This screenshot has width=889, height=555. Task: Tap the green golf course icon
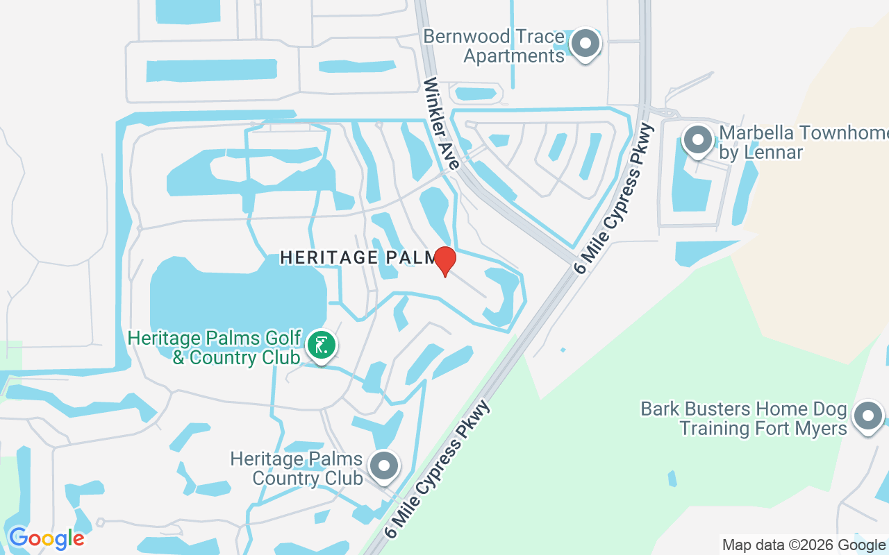321,345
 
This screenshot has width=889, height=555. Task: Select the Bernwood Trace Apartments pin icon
585,44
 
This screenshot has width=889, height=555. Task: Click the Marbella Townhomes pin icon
697,140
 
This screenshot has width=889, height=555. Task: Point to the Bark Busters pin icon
868,417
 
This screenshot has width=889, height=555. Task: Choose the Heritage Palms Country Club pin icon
383,466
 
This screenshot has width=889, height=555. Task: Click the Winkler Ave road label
442,123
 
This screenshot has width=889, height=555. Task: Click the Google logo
47,538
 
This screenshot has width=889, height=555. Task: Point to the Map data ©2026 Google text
804,545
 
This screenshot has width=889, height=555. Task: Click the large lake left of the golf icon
229,298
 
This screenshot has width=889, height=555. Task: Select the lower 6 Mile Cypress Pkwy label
437,470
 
